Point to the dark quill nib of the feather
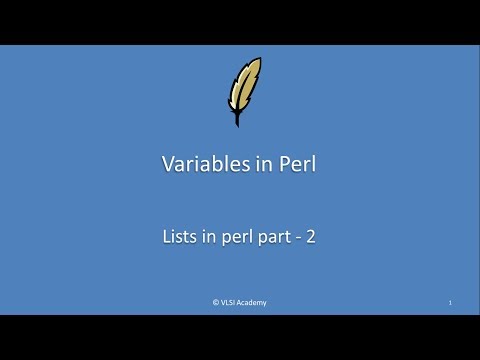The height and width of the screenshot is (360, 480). click(237, 121)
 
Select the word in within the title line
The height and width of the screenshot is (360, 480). click(253, 165)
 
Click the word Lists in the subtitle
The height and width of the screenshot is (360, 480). click(178, 238)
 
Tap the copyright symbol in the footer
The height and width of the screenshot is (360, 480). click(216, 302)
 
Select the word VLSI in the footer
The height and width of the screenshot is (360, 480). click(229, 302)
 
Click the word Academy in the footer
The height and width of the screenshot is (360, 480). click(253, 302)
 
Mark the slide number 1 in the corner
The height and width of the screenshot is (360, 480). click(451, 302)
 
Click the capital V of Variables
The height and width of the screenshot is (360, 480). click(168, 165)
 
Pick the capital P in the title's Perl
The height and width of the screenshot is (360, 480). click(272, 165)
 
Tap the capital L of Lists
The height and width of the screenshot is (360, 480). click(165, 238)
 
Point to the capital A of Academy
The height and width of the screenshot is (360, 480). click(241, 302)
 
